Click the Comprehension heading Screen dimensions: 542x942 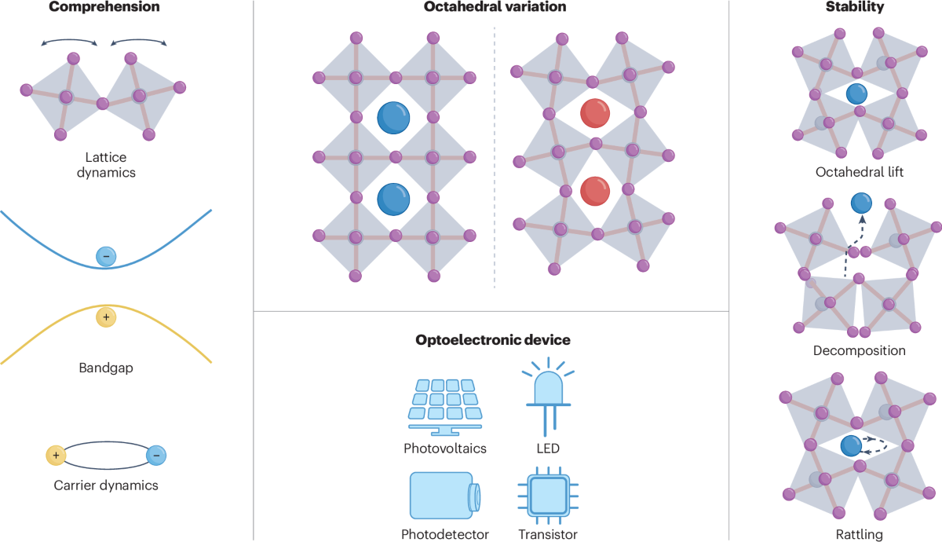coord(104,8)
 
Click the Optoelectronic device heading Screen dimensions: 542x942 coord(492,340)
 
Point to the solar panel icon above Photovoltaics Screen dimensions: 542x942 coord(444,405)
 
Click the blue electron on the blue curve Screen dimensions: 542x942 coord(106,255)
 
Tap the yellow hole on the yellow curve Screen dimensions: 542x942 coord(105,317)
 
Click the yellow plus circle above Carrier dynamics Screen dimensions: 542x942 coord(56,455)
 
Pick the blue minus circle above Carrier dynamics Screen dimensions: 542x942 coord(156,455)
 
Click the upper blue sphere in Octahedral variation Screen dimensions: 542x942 coord(393,118)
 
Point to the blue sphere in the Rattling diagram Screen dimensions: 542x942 coord(851,446)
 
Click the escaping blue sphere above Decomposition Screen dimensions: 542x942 coord(862,204)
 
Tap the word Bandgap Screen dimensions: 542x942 coord(106,367)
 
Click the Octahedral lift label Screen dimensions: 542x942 coord(858,171)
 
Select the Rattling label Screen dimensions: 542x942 coord(860,534)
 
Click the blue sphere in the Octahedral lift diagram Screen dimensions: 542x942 coord(856,95)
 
